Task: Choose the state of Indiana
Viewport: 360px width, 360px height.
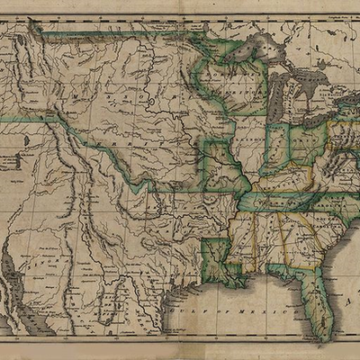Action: coord(277,148)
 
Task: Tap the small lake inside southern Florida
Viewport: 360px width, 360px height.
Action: coord(319,317)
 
